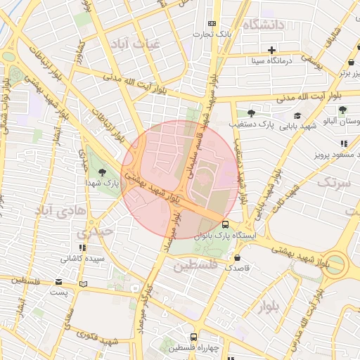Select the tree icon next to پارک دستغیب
[x=250, y=112]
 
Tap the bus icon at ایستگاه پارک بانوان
[x=224, y=224]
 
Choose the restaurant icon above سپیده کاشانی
[x=83, y=247]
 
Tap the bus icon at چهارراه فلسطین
[x=193, y=337]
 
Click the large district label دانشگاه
[x=264, y=25]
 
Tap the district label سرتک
[x=333, y=182]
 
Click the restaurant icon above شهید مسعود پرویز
[x=344, y=143]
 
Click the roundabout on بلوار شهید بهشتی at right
[x=335, y=264]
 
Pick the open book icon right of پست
[x=84, y=285]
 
